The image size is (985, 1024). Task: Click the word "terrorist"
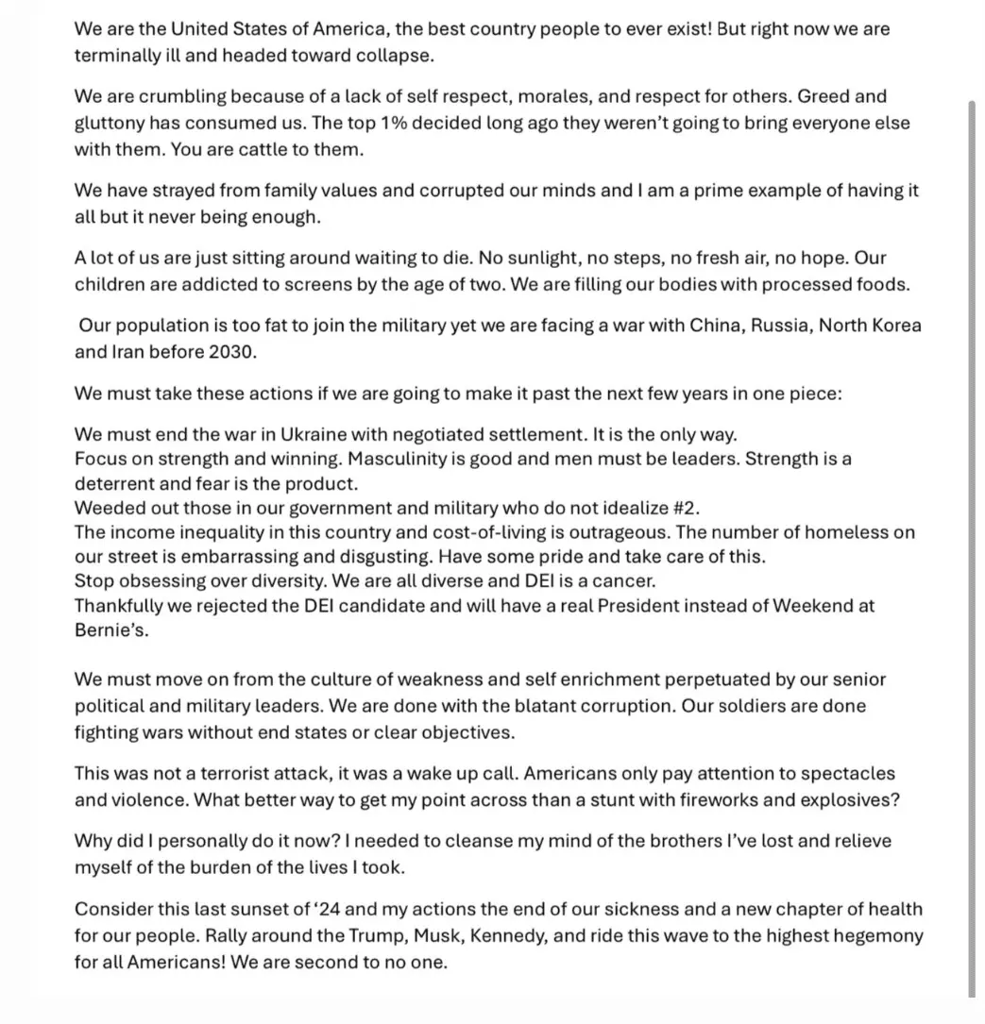click(219, 773)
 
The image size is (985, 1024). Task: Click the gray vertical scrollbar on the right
click(973, 547)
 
